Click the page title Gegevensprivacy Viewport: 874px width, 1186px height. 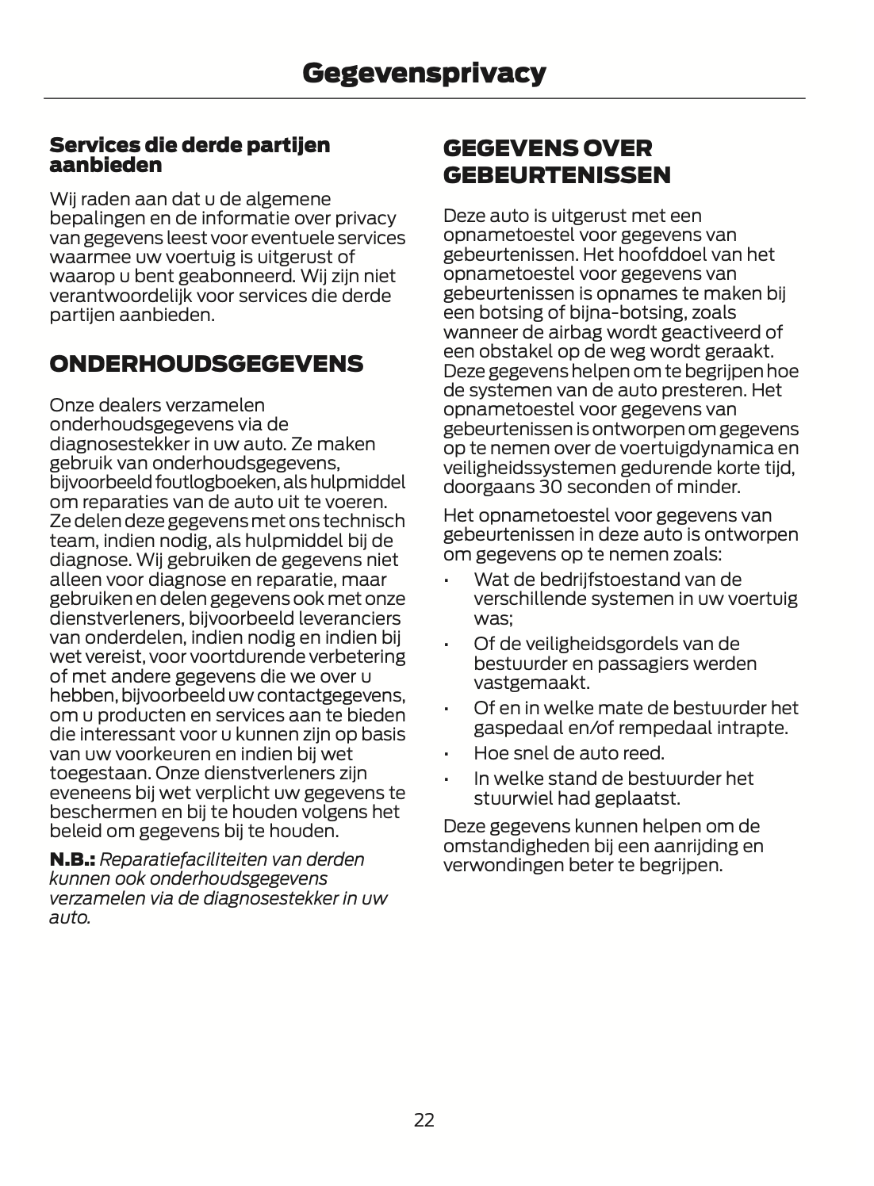click(424, 73)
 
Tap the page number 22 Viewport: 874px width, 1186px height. click(424, 1119)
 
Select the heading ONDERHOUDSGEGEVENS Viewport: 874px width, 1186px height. click(206, 365)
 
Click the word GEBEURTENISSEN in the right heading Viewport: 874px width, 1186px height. click(557, 175)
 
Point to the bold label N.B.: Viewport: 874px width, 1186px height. click(72, 859)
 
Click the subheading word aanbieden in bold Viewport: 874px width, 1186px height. click(105, 166)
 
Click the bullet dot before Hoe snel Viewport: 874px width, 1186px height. click(448, 753)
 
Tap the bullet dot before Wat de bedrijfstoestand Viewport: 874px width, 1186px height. click(448, 580)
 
